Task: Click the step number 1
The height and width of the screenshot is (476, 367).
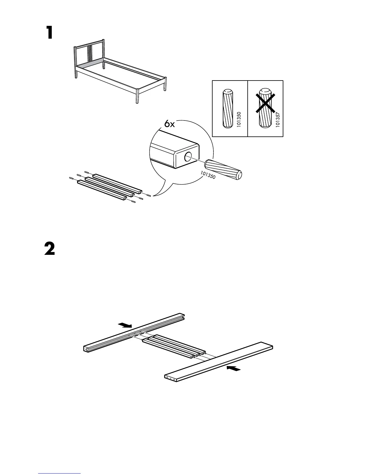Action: pos(50,33)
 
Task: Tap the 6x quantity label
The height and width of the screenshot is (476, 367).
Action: pos(169,124)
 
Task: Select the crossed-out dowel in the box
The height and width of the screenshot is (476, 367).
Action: pos(265,108)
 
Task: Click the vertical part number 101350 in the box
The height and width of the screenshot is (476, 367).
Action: pos(239,119)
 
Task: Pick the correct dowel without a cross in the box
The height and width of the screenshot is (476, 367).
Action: pos(228,108)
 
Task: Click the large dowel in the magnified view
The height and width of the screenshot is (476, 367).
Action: pos(223,169)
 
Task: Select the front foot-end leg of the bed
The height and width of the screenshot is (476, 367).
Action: pos(137,96)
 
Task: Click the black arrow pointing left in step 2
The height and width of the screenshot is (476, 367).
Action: pos(234,368)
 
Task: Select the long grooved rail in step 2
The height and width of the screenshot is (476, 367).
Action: pos(133,332)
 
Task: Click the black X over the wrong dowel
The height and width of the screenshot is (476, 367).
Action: pos(265,103)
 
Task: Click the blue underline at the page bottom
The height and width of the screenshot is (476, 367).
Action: pos(59,473)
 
